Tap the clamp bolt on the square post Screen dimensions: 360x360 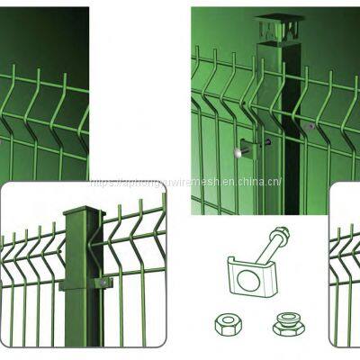(105, 282)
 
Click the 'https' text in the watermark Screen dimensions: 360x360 (101, 182)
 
